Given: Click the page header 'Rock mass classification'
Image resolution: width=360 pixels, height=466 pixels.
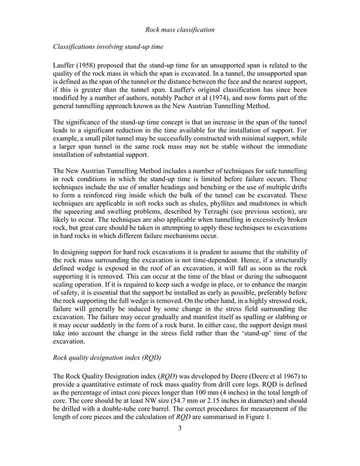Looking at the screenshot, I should pyautogui.click(x=179, y=29).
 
